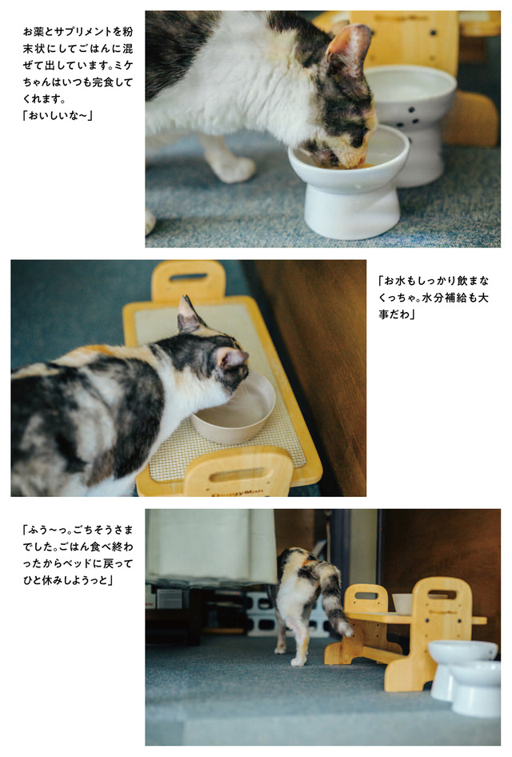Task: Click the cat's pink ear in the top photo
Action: [349, 47]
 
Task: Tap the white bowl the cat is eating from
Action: [349, 182]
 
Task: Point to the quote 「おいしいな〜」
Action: [58, 116]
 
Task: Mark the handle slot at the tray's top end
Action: [188, 277]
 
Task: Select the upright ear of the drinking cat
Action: [187, 315]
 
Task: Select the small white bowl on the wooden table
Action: [402, 603]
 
